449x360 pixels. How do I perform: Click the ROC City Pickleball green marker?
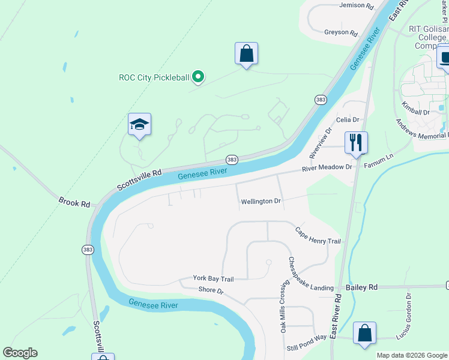199,77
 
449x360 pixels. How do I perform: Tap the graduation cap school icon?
139,125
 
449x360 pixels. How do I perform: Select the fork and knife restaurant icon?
356,143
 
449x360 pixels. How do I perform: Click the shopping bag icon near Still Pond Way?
364,333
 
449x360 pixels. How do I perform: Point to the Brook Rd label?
74,201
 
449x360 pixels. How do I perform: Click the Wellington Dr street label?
261,202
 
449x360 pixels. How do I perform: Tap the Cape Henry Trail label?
318,236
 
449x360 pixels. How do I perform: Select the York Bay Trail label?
212,278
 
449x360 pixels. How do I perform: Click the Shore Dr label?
211,291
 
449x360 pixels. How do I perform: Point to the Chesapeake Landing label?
311,275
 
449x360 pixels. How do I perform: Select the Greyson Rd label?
340,32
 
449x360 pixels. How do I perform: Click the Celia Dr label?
347,120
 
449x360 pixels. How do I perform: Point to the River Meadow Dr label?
327,167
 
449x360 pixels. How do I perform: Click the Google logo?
20,353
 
